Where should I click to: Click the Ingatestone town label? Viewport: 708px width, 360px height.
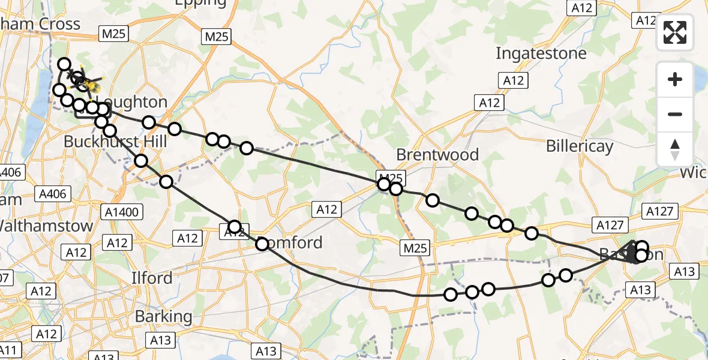coord(541,53)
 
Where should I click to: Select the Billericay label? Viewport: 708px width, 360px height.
coord(580,146)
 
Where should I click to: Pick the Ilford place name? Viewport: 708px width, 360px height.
coord(152,278)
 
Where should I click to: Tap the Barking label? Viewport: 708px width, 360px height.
coord(163,316)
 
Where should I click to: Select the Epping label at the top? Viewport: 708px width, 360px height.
coord(200,3)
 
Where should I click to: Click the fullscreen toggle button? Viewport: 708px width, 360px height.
coord(675,32)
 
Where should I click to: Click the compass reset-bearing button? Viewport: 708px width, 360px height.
coord(675,148)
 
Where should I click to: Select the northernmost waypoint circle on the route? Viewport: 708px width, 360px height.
coord(64,64)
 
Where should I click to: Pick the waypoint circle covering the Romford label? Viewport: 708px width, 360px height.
coord(262,244)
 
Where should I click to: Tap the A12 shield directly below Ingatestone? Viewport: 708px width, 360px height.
coord(514,80)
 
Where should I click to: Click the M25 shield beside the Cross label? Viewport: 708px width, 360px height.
coord(113,34)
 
